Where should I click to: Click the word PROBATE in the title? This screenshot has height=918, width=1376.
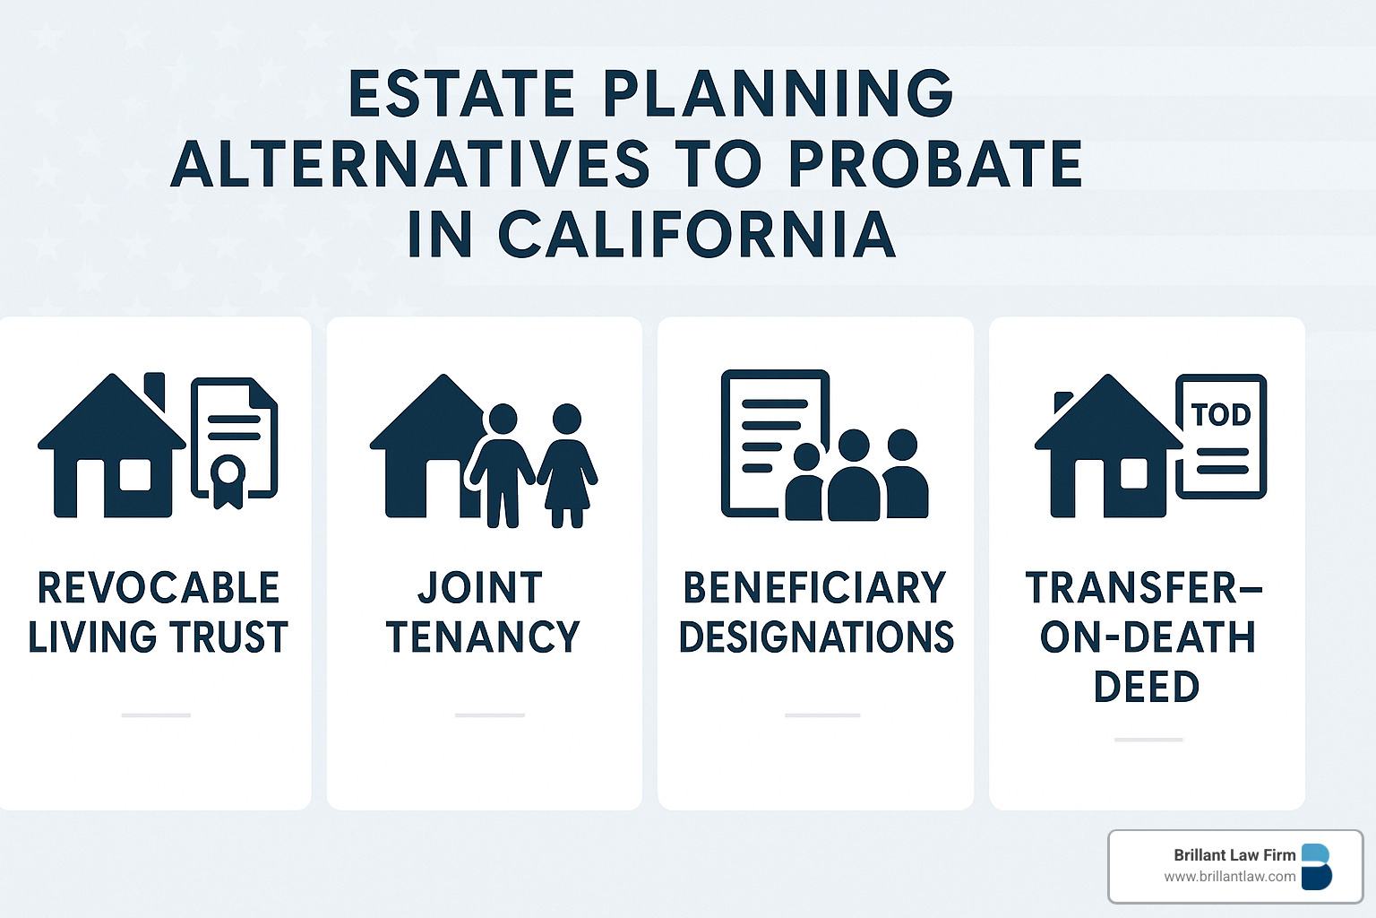tap(934, 163)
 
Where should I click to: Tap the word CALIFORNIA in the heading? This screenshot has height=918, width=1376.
tap(697, 234)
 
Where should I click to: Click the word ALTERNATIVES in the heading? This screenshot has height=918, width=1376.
tap(409, 163)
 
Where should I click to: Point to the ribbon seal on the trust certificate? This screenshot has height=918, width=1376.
tap(228, 481)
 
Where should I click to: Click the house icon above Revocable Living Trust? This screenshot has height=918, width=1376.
tap(112, 446)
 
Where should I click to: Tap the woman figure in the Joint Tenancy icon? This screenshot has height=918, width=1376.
tap(566, 465)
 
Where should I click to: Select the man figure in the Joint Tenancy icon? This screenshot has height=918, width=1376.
tap(503, 465)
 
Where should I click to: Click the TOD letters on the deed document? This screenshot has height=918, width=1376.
tap(1221, 415)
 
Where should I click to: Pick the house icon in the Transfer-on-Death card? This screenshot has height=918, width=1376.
tap(1108, 446)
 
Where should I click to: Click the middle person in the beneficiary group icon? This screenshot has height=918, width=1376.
tap(854, 474)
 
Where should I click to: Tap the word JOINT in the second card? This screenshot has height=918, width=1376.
tap(480, 588)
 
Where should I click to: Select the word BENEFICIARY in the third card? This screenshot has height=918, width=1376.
tap(814, 588)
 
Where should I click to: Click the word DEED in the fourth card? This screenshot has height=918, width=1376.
tap(1147, 686)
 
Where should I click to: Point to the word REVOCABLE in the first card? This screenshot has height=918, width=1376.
tap(159, 588)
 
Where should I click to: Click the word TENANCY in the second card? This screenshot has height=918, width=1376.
tap(483, 637)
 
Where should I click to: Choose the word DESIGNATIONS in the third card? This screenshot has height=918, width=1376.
tap(816, 637)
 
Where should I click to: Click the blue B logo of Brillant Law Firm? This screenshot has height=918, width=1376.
tap(1316, 866)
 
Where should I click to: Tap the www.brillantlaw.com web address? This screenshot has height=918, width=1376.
tap(1230, 877)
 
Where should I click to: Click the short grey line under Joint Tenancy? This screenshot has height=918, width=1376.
tap(490, 715)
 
